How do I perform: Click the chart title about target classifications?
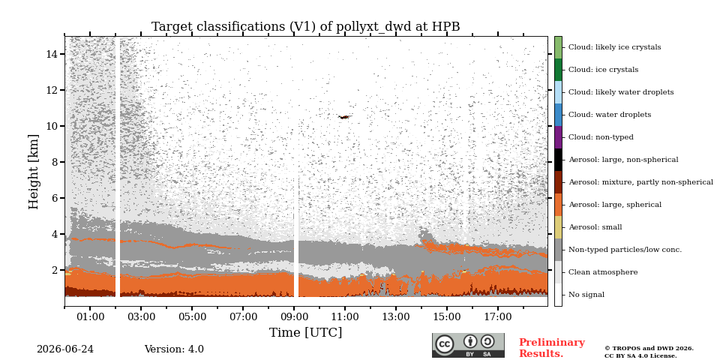click(306, 27)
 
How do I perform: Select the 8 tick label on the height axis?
click(56, 162)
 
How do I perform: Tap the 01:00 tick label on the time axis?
click(90, 316)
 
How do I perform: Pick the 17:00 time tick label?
click(498, 316)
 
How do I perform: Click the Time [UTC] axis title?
click(306, 332)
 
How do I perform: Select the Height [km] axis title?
click(34, 172)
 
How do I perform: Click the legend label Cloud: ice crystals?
click(603, 70)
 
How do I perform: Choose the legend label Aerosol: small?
click(595, 227)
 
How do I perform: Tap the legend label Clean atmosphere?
click(603, 272)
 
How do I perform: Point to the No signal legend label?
click(586, 295)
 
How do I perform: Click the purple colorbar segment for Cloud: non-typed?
click(558, 137)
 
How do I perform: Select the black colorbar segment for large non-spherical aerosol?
click(558, 160)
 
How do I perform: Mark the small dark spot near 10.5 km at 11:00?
click(344, 117)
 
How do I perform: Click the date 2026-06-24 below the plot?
click(65, 349)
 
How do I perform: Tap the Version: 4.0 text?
click(174, 349)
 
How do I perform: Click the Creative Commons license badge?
click(468, 345)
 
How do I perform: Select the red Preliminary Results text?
click(552, 348)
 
